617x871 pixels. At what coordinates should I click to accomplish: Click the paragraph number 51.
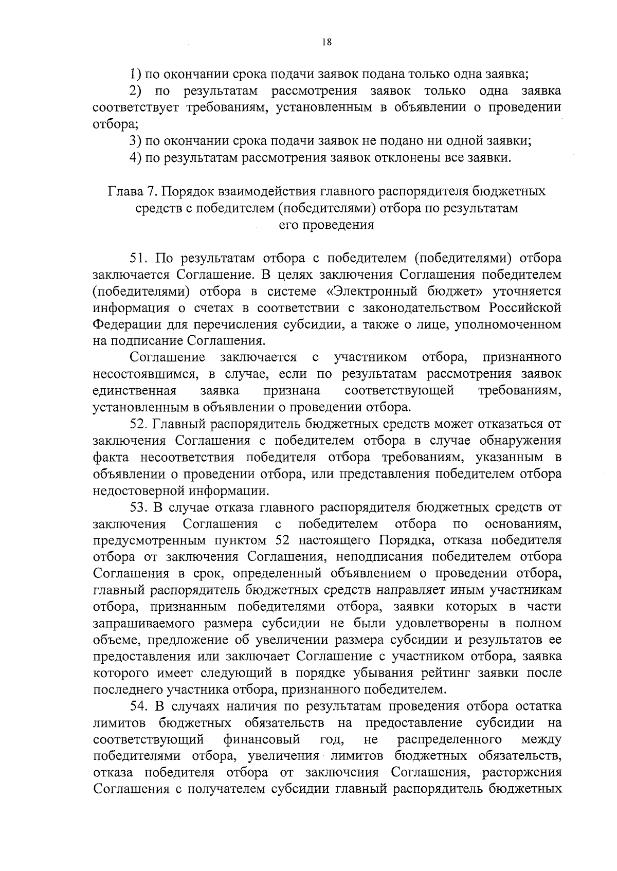pos(139,258)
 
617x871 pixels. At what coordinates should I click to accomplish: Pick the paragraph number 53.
pos(139,507)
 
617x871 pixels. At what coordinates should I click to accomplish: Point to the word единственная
pos(135,391)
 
